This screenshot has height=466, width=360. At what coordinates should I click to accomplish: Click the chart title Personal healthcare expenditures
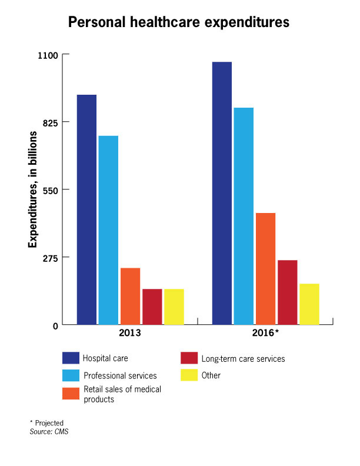click(x=179, y=23)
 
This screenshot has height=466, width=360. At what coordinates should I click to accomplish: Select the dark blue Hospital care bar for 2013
click(x=86, y=209)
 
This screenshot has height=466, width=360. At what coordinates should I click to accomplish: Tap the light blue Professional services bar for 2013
click(x=108, y=230)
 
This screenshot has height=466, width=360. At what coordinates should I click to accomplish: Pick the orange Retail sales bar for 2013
click(x=130, y=296)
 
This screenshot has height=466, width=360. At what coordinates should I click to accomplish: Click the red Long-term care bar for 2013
click(x=152, y=307)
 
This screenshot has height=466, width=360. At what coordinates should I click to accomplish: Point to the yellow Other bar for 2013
click(x=174, y=307)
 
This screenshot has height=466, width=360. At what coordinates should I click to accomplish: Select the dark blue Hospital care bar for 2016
click(x=222, y=193)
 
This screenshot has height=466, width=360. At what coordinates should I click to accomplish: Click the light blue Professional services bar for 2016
click(x=244, y=216)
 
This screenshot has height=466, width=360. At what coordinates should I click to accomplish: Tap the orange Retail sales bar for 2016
click(x=265, y=268)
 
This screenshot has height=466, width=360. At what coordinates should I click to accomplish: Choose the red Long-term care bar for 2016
click(x=287, y=292)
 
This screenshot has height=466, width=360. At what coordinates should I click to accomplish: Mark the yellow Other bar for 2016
click(x=309, y=304)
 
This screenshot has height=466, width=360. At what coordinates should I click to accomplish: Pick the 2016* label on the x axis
click(x=266, y=333)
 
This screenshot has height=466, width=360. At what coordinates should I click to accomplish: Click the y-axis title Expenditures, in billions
click(x=33, y=189)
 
